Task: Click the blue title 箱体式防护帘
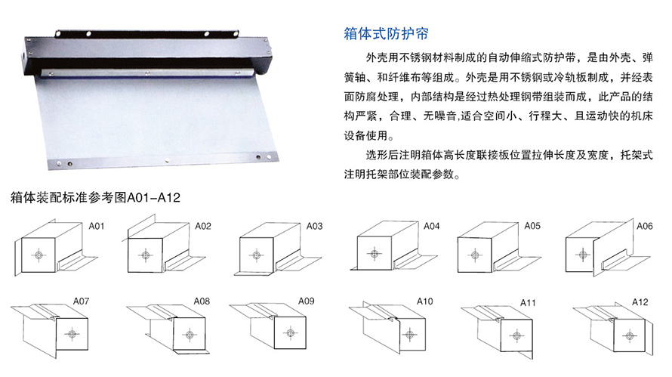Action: click(x=386, y=33)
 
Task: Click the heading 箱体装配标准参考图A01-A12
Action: click(x=95, y=197)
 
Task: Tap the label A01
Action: click(x=97, y=226)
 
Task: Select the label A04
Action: click(x=432, y=226)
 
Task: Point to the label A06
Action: click(x=645, y=226)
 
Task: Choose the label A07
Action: click(x=81, y=301)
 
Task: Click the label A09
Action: click(x=307, y=301)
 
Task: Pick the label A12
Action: click(x=640, y=302)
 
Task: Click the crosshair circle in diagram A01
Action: click(x=39, y=255)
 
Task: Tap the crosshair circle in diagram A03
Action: click(x=256, y=255)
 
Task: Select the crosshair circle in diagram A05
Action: click(x=475, y=255)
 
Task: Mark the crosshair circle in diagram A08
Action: click(x=190, y=335)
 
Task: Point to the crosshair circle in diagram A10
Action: click(x=410, y=335)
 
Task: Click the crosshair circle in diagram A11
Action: click(x=517, y=335)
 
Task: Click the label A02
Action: click(x=203, y=226)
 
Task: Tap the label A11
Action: click(x=528, y=303)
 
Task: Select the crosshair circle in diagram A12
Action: click(x=629, y=335)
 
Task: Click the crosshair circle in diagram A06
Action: click(x=582, y=255)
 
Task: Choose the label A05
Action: click(x=533, y=226)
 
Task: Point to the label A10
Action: click(x=425, y=301)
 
